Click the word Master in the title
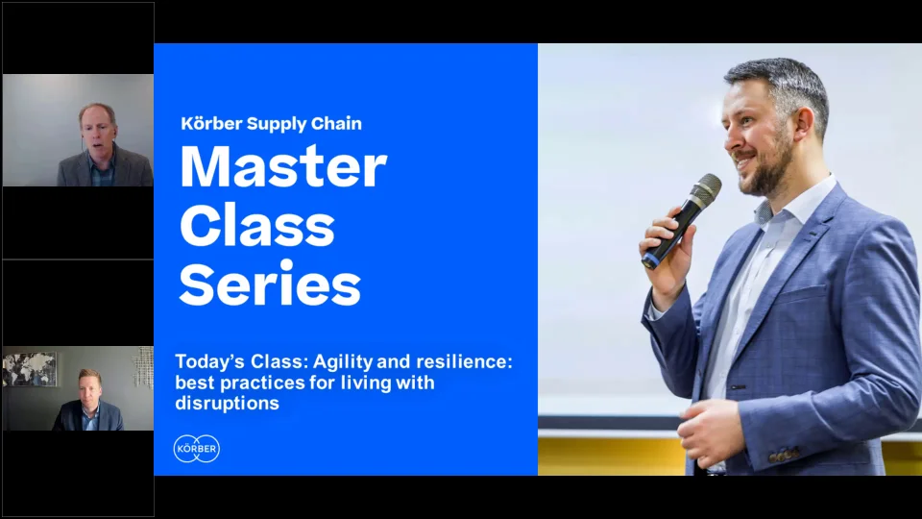283,166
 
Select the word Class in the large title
256,226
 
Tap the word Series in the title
270,284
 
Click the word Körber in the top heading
210,123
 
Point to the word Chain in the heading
335,123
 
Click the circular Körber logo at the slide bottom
196,448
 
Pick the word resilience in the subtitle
461,362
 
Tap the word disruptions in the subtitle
227,404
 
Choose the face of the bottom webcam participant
89,388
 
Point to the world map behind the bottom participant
29,368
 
